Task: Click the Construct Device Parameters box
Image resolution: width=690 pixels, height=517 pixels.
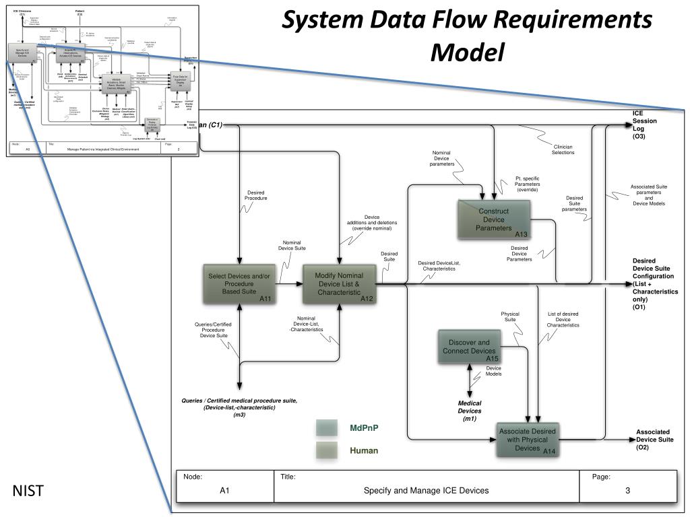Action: (x=494, y=219)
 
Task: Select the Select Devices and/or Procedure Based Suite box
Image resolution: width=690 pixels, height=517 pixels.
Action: (x=239, y=284)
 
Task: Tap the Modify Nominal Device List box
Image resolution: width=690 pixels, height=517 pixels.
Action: (x=339, y=284)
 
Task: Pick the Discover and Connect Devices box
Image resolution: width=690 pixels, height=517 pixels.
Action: (x=469, y=347)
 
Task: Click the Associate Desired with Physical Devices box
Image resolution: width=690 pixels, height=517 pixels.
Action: (x=528, y=440)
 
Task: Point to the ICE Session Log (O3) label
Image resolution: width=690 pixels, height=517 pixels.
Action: (x=644, y=125)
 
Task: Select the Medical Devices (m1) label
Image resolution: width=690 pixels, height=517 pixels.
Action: (x=470, y=411)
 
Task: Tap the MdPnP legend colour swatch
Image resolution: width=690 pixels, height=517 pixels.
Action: (x=327, y=428)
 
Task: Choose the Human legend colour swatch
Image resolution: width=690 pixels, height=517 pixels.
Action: (x=327, y=450)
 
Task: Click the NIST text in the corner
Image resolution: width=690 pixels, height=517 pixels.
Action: (x=28, y=491)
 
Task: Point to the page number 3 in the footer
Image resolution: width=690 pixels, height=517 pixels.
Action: (x=627, y=490)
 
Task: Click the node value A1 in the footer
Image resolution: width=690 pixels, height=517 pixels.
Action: (x=225, y=490)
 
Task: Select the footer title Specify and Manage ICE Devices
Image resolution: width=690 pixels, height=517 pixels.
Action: (x=426, y=490)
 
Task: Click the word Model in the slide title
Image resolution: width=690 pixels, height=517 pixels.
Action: (x=468, y=51)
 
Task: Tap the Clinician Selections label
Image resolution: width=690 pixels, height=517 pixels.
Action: (x=563, y=149)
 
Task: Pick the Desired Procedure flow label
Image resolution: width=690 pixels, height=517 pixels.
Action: (x=256, y=195)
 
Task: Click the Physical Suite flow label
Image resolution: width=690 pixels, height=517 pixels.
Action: (x=510, y=317)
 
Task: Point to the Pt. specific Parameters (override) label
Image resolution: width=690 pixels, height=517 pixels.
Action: (x=527, y=184)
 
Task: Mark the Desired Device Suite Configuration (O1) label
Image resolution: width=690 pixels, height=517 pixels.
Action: (x=654, y=284)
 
